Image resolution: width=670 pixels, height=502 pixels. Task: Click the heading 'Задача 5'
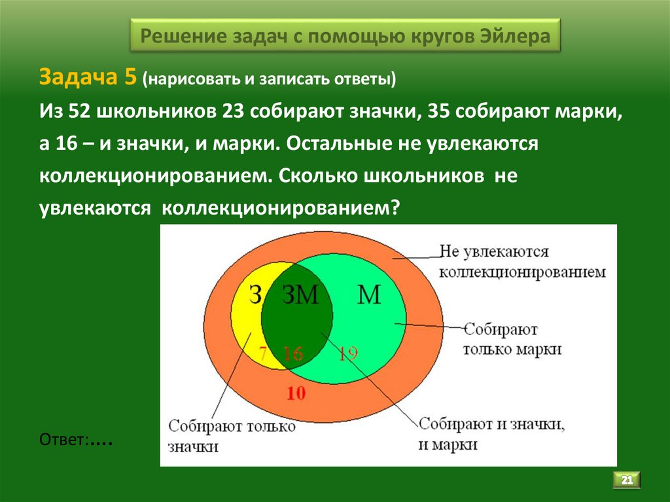click(x=87, y=77)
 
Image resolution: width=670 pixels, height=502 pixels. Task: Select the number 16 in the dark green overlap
click(x=293, y=354)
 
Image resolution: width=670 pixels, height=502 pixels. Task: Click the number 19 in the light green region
click(x=348, y=354)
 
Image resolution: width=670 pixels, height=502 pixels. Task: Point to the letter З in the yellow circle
click(x=255, y=295)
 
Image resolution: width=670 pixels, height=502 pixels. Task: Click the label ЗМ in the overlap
click(x=300, y=295)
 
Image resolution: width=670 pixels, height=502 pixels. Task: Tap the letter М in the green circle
click(x=369, y=295)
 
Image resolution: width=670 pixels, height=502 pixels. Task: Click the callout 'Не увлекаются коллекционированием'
click(x=521, y=262)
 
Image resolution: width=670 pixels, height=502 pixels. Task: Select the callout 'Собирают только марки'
click(x=512, y=339)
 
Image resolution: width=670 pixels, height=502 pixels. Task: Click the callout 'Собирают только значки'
click(x=232, y=436)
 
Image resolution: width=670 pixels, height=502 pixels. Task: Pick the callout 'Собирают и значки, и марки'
click(x=491, y=434)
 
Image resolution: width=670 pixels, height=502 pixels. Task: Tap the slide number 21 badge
click(x=626, y=480)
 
